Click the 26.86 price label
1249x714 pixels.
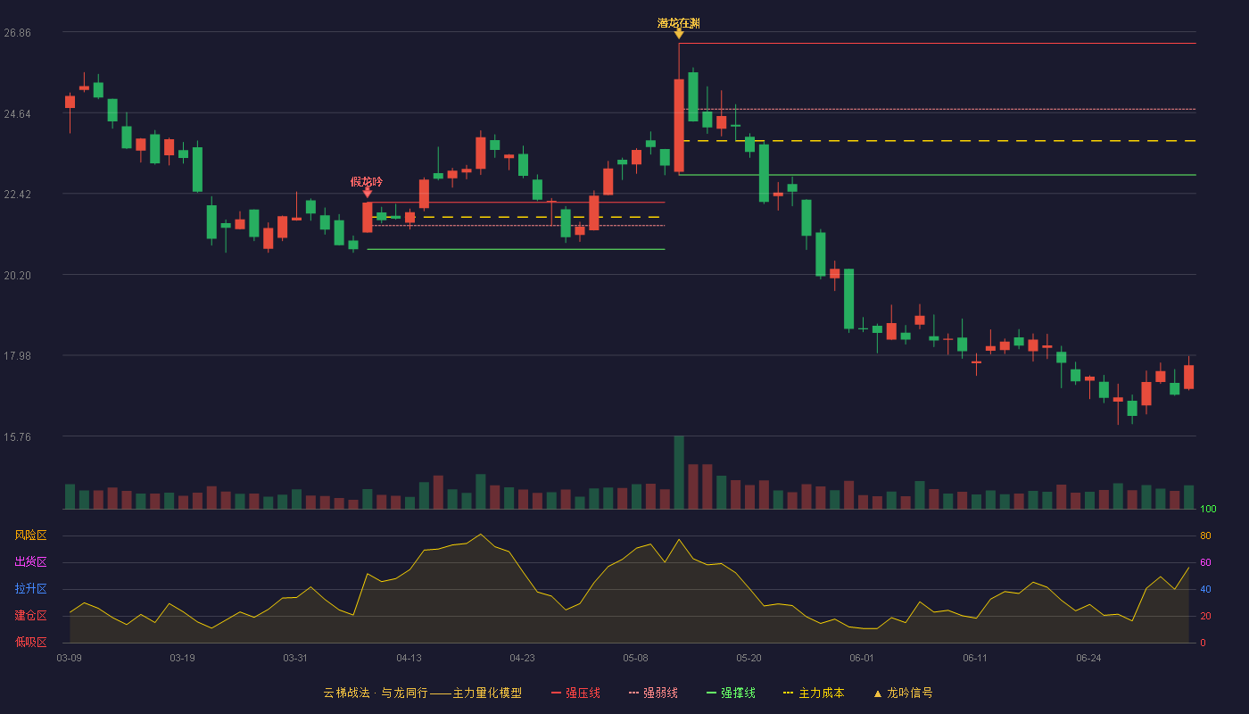[17, 33]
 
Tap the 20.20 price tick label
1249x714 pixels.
[17, 276]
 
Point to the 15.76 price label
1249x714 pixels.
[17, 436]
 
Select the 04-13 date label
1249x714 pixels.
[409, 659]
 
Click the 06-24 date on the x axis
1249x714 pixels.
[1088, 659]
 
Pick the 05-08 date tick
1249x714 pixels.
[635, 659]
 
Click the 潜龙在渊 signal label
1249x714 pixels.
[679, 23]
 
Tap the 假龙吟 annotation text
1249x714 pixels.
[367, 182]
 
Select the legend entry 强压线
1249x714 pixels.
[575, 693]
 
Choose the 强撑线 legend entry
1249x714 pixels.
[731, 693]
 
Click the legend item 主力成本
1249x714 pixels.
[814, 693]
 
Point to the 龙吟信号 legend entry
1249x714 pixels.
[903, 693]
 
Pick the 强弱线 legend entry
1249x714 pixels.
[653, 693]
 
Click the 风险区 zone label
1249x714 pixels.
[30, 535]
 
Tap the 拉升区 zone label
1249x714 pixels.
[30, 588]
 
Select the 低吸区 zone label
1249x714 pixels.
[30, 642]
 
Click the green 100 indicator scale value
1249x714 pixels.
[1208, 509]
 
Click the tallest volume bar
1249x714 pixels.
[679, 472]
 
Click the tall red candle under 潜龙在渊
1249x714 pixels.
[679, 126]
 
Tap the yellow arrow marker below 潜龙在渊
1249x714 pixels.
[679, 35]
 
